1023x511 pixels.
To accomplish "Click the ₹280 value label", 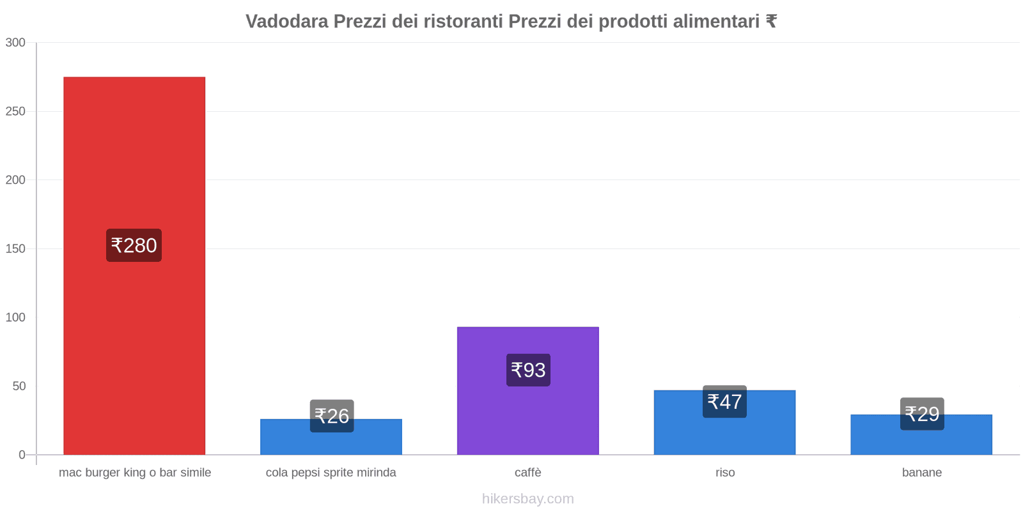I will coord(134,245).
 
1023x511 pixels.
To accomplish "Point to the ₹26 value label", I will coord(332,416).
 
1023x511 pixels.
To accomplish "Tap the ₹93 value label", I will coord(528,370).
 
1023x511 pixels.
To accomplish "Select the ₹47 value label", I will coord(724,402).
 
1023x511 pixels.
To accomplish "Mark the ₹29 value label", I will coord(922,414).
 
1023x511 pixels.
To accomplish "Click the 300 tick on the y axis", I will coord(15,43).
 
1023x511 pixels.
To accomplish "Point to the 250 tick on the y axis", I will coord(15,111).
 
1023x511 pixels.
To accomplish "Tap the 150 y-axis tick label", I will coord(15,248).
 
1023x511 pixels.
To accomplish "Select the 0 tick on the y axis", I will coord(22,455).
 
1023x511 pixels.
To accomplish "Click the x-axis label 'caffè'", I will coord(527,473).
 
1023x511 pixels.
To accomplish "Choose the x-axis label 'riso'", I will coord(725,473).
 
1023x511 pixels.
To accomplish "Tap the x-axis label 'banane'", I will coord(921,473).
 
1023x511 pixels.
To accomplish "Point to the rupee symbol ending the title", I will coord(771,22).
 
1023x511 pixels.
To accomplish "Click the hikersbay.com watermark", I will coord(527,499).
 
